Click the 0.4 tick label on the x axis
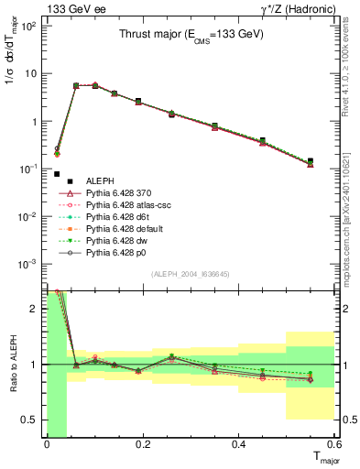(x=238, y=445)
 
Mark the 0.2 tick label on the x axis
(x=142, y=445)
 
